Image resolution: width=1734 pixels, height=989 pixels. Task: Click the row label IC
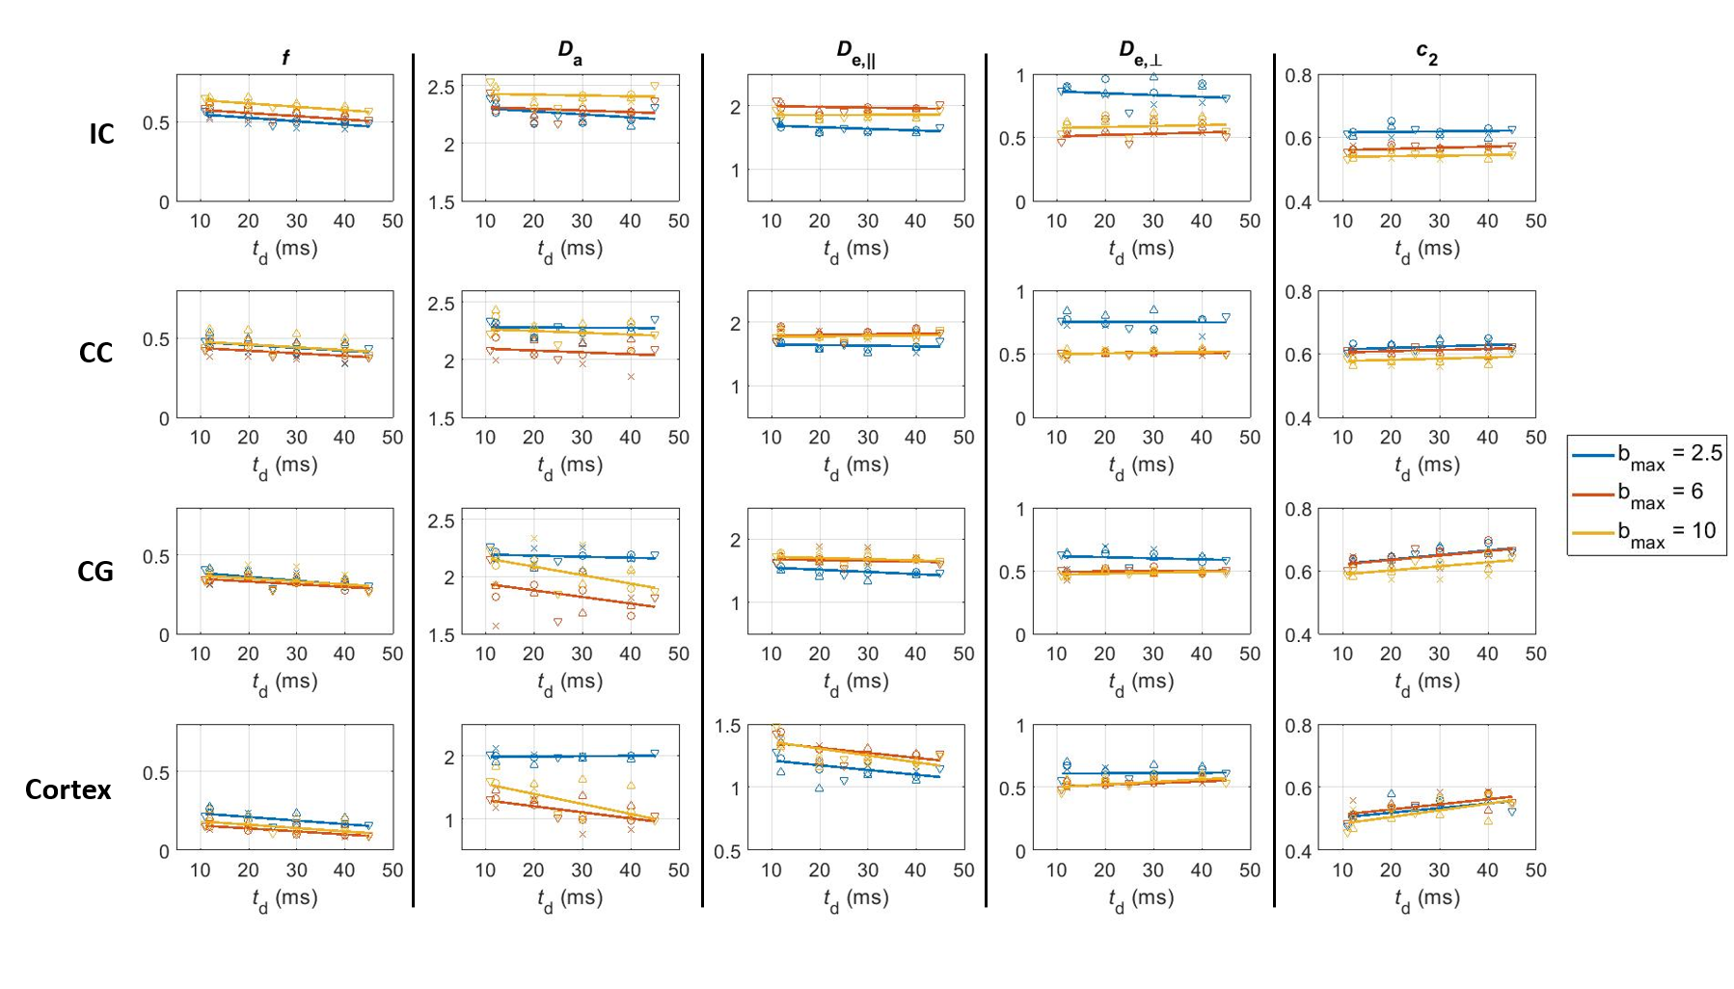pos(101,134)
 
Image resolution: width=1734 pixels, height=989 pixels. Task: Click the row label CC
pos(95,353)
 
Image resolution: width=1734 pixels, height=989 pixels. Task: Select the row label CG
pos(95,572)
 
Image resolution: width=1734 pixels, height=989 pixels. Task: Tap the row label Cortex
pos(68,789)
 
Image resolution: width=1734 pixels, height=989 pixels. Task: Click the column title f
pos(285,58)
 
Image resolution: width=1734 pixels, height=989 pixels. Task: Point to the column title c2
pos(1426,54)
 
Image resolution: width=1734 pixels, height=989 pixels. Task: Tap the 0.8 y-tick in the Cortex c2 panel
pos(1301,726)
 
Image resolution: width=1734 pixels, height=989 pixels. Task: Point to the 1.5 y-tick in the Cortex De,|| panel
pos(728,726)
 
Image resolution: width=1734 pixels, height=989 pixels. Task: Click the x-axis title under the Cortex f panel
pos(284,898)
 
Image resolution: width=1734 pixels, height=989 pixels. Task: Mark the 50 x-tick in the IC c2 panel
pos(1535,221)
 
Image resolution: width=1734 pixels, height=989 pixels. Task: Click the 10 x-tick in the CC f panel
pos(200,438)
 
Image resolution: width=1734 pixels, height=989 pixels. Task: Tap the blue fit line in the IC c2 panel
pos(1427,131)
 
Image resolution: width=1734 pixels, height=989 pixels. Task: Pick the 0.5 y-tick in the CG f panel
pos(157,556)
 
